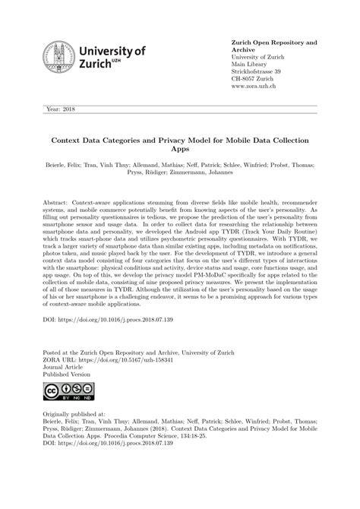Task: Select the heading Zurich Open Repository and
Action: (x=273, y=43)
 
